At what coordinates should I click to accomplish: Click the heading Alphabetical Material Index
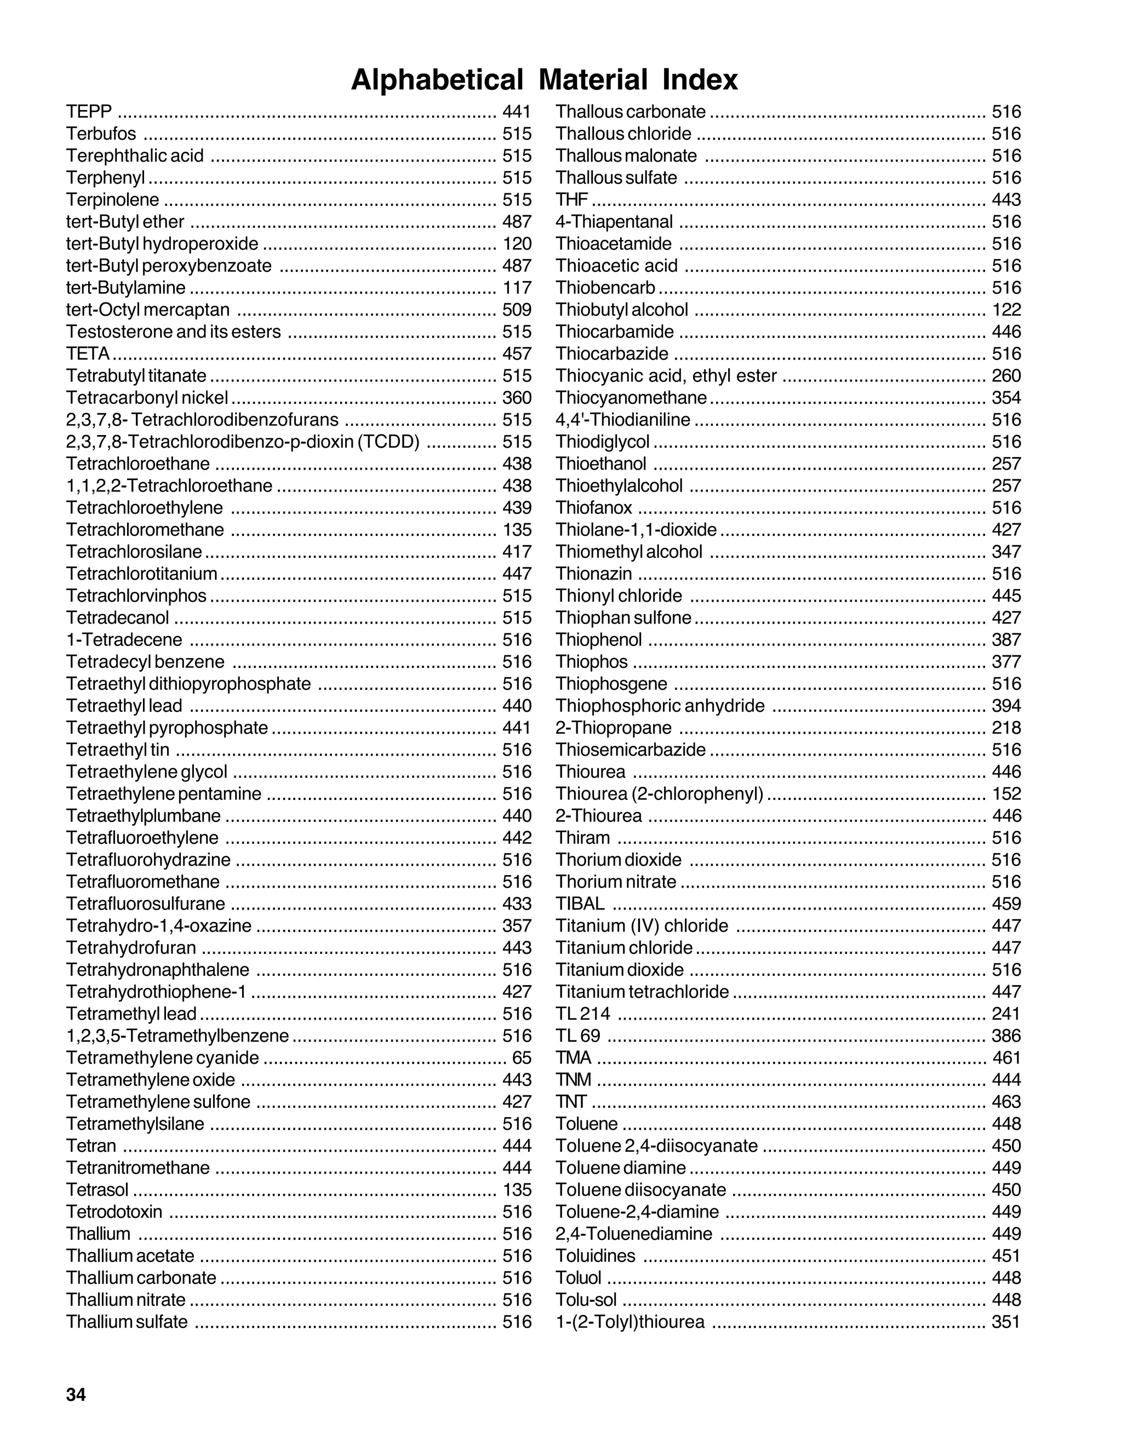(x=543, y=80)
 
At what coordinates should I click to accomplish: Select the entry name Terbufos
(x=101, y=134)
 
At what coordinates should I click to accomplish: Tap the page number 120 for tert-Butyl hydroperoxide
(x=517, y=244)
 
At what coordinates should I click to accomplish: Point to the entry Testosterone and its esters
(x=173, y=331)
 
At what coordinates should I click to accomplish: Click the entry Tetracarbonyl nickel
(x=147, y=398)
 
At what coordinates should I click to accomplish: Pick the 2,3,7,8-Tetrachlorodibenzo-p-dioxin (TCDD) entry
(x=243, y=442)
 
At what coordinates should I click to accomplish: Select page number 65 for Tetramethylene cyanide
(x=522, y=1057)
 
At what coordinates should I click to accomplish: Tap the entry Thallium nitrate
(x=125, y=1300)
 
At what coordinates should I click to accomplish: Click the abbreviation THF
(x=571, y=200)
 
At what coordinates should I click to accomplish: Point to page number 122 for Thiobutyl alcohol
(x=1006, y=310)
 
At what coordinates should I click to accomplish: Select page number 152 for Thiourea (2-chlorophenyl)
(x=1006, y=794)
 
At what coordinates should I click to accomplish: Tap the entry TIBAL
(x=580, y=904)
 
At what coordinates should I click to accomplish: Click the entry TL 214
(x=582, y=1014)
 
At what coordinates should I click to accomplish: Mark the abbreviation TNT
(x=571, y=1102)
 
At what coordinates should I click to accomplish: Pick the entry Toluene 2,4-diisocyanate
(x=656, y=1146)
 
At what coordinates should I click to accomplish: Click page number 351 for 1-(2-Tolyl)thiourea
(x=1006, y=1322)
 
